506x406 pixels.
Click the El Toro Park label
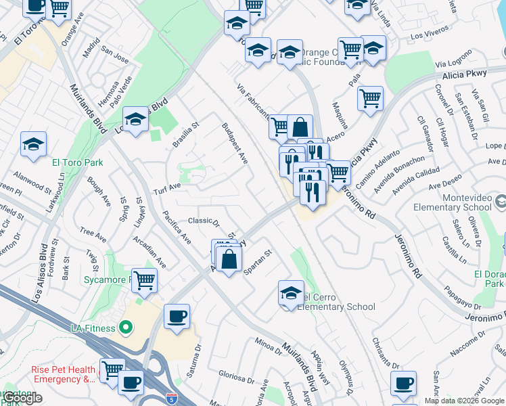click(77, 162)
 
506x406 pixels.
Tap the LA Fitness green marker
click(124, 328)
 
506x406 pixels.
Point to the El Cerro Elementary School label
click(337, 302)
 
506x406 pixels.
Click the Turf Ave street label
click(166, 187)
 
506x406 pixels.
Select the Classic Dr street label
click(204, 221)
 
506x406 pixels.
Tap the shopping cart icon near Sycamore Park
click(145, 279)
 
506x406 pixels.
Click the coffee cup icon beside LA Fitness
click(177, 316)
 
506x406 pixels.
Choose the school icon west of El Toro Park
click(33, 144)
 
